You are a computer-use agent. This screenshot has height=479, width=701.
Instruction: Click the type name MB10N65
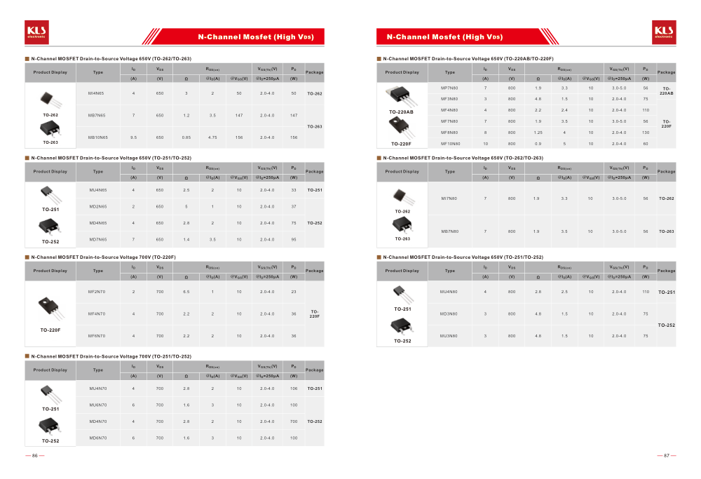pyautogui.click(x=97, y=137)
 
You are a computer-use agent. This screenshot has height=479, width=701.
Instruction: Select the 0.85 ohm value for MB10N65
pyautogui.click(x=186, y=137)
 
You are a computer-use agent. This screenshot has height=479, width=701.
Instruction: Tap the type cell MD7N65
pyautogui.click(x=97, y=240)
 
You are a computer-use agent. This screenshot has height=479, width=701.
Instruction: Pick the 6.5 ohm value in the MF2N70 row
pyautogui.click(x=186, y=292)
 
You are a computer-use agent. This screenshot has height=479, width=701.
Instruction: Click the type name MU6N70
pyautogui.click(x=97, y=405)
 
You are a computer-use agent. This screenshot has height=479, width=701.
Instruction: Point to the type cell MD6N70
pyautogui.click(x=97, y=438)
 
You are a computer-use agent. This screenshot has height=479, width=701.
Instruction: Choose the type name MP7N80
pyautogui.click(x=449, y=88)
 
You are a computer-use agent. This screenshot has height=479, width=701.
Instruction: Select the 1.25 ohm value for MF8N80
pyautogui.click(x=538, y=133)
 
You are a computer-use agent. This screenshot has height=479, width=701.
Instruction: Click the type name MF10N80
pyautogui.click(x=450, y=144)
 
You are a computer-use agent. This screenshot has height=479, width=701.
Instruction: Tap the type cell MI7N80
pyautogui.click(x=449, y=198)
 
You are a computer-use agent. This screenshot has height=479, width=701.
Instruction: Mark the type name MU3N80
pyautogui.click(x=449, y=336)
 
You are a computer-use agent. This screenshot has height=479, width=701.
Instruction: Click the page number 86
pyautogui.click(x=34, y=456)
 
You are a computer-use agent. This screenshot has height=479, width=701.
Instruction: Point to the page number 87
pyautogui.click(x=667, y=456)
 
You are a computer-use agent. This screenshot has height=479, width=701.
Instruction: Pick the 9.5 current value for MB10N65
pyautogui.click(x=133, y=137)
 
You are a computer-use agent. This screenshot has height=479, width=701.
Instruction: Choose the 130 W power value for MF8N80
pyautogui.click(x=646, y=133)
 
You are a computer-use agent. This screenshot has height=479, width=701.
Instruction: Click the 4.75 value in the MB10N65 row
pyautogui.click(x=212, y=137)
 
